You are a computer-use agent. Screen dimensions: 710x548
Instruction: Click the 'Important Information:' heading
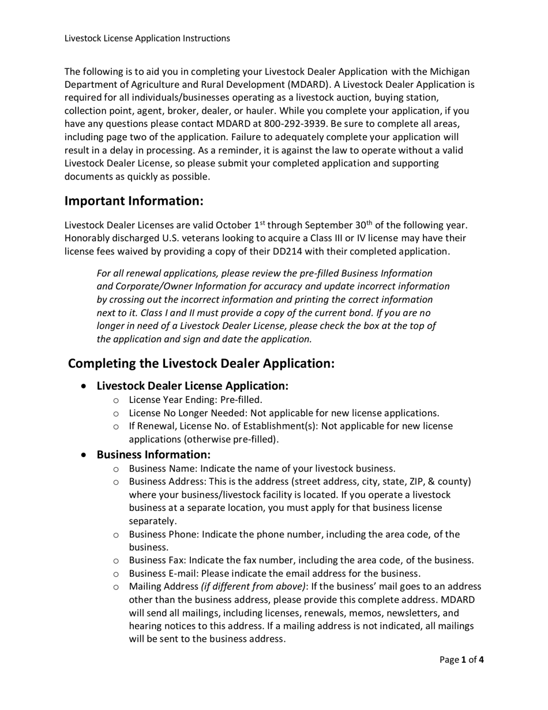134,201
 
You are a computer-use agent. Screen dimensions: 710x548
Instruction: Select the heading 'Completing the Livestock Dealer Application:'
201,364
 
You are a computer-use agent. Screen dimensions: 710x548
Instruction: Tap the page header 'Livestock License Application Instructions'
147,38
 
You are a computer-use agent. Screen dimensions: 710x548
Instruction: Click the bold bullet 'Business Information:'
153,454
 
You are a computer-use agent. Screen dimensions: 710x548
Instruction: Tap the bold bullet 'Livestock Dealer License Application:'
192,385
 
